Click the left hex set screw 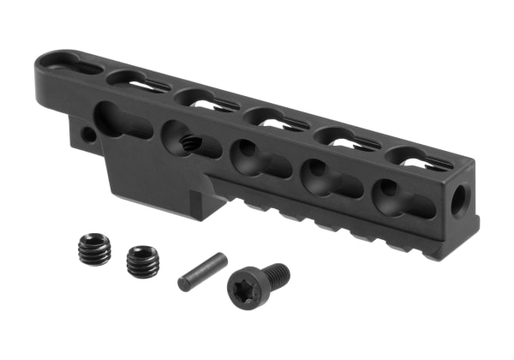(93, 250)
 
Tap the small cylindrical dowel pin (202, 271)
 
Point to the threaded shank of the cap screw (277, 274)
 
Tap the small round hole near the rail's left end (86, 135)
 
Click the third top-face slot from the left (198, 97)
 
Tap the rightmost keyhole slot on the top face (417, 158)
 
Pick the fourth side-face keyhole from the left (323, 177)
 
